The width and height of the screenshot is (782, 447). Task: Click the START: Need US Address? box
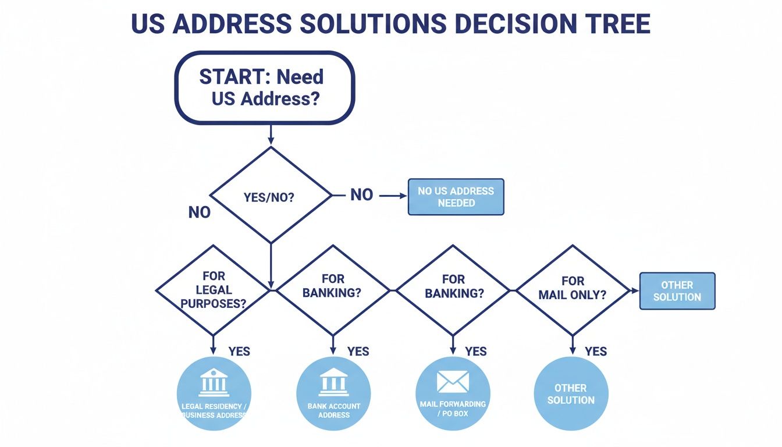pos(265,87)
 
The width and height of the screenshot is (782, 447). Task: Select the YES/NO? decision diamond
pos(270,196)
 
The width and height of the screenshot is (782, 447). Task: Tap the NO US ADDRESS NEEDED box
pos(456,197)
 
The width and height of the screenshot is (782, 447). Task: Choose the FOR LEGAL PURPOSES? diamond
pos(214,289)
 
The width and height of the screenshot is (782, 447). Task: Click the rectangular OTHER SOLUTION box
pos(677,291)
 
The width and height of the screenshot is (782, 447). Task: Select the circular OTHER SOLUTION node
pos(571,394)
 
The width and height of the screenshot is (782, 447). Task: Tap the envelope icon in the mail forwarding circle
pos(453,382)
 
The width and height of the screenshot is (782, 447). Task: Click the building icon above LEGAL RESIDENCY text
pos(214,382)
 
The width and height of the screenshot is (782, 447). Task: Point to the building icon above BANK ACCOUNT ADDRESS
pos(333,382)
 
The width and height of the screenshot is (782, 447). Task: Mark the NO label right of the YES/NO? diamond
pos(361,195)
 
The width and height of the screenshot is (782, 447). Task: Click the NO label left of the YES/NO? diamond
pos(199,212)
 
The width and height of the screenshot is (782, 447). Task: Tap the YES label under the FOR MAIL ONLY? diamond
pos(596,351)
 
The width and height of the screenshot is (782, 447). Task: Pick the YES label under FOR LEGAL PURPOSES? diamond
pos(239,351)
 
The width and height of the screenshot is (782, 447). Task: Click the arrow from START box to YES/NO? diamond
pos(271,134)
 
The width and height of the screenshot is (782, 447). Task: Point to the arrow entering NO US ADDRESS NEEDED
pos(393,196)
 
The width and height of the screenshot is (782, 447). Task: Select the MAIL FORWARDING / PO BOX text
pos(453,409)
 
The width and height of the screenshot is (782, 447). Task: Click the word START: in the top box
pos(229,77)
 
